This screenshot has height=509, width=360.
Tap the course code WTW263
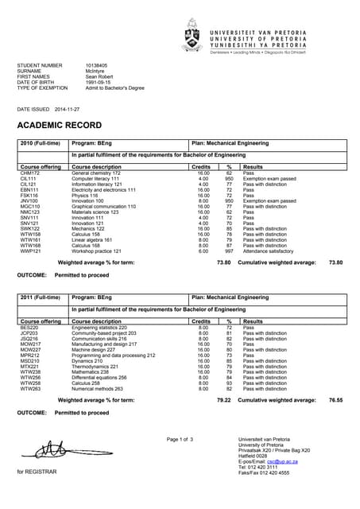pyautogui.click(x=30, y=388)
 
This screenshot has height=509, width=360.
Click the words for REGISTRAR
pyautogui.click(x=36, y=472)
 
